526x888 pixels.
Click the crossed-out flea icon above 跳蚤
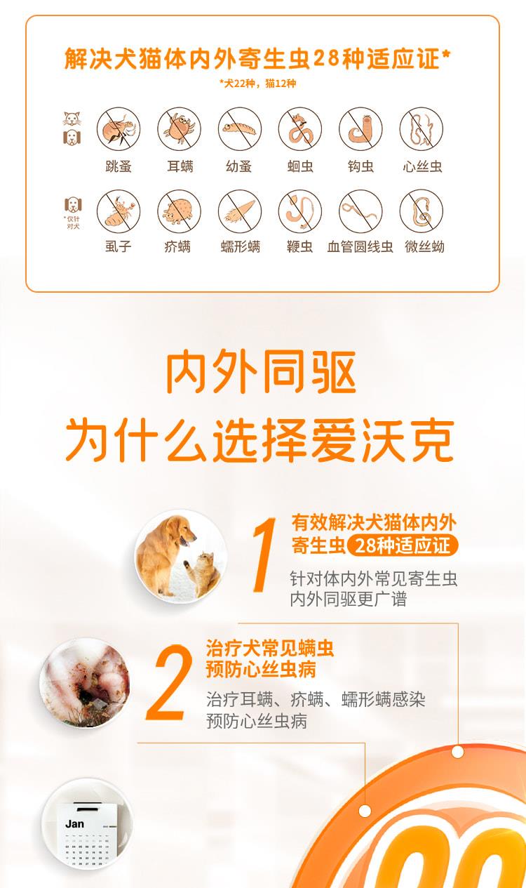point(119,128)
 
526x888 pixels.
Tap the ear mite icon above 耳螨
point(179,128)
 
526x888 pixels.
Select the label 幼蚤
point(239,166)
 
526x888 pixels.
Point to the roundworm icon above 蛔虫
point(300,128)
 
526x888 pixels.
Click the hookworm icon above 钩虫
point(360,128)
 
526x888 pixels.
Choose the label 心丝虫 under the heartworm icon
point(422,166)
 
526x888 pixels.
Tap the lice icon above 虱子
point(119,211)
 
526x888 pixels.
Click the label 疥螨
point(177,246)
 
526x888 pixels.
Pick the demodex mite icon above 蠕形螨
point(240,211)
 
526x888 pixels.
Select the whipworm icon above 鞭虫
point(300,211)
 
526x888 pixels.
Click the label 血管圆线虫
point(360,246)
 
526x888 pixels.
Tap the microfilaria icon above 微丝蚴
point(421,211)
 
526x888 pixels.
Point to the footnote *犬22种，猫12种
point(258,84)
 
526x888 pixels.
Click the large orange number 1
point(264,555)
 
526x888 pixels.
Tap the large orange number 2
point(169,682)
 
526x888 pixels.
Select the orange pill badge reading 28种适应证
point(403,545)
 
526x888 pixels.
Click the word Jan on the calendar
point(74,824)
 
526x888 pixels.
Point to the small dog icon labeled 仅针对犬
point(73,204)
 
